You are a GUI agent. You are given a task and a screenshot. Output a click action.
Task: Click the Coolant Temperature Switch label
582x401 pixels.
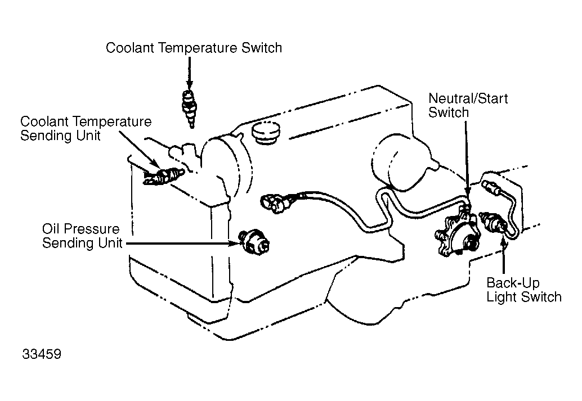point(194,48)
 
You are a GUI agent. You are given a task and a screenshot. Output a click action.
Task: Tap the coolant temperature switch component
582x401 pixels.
point(189,109)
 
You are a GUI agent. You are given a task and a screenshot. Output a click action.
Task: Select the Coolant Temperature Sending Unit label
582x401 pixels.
point(86,128)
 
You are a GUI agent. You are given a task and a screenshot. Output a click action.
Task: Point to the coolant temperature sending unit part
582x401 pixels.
point(164,175)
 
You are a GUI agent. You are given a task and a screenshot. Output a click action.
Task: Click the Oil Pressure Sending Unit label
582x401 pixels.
point(82,236)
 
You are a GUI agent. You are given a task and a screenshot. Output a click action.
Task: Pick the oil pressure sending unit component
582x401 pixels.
point(254,241)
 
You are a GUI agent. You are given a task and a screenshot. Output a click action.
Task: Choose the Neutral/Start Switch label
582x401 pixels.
point(468,105)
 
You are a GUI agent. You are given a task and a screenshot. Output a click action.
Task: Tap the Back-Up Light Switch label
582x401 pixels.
point(523,290)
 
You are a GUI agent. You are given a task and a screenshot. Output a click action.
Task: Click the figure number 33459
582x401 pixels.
point(42,354)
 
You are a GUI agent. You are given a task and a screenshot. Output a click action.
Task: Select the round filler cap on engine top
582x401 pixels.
point(265,132)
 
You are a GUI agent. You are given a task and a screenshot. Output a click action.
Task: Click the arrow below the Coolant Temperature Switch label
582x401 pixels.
point(189,74)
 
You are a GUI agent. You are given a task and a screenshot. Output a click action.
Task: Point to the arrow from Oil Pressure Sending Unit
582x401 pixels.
point(183,244)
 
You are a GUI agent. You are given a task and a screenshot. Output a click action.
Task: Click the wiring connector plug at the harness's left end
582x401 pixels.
point(275,203)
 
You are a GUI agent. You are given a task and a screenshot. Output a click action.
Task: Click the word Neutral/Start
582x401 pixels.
point(468,98)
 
